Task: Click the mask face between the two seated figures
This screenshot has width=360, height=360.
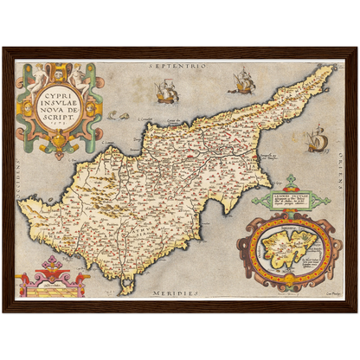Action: [x=55, y=69]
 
